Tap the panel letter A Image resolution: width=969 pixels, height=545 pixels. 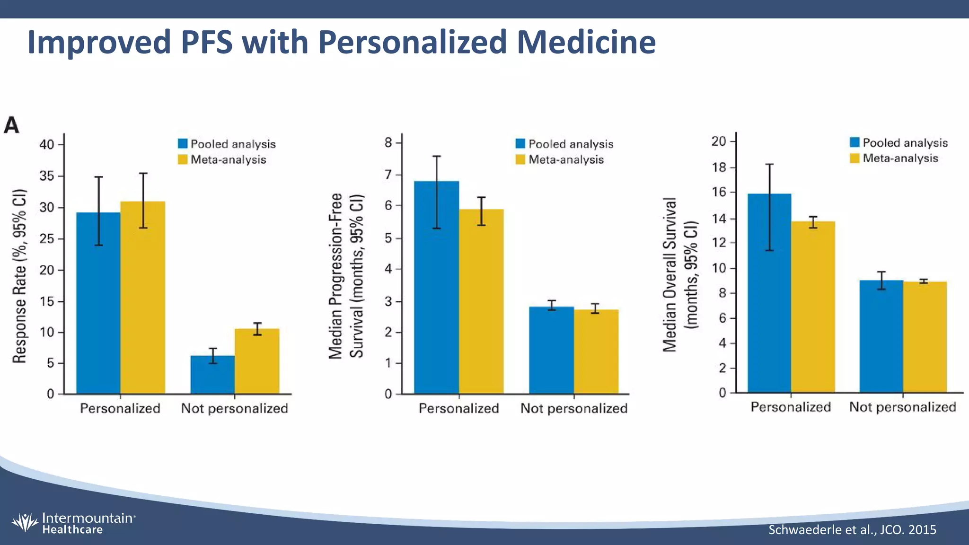click(x=12, y=126)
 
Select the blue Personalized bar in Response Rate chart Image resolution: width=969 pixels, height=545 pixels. click(x=98, y=303)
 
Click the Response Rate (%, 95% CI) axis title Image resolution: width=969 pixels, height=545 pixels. click(x=19, y=276)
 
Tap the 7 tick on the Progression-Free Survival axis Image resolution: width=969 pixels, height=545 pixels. click(x=388, y=175)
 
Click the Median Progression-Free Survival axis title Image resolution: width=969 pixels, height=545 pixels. click(x=346, y=276)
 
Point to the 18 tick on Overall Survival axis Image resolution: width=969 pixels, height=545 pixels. click(x=719, y=167)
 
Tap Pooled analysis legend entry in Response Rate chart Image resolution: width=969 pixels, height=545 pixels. click(x=227, y=144)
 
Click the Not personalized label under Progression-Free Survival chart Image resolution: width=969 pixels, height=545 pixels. click(x=574, y=408)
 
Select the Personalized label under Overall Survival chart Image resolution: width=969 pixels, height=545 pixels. click(x=791, y=407)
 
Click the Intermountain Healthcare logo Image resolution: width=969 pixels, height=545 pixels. click(x=73, y=523)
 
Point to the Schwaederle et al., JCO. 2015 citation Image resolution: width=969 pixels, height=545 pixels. click(x=852, y=529)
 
